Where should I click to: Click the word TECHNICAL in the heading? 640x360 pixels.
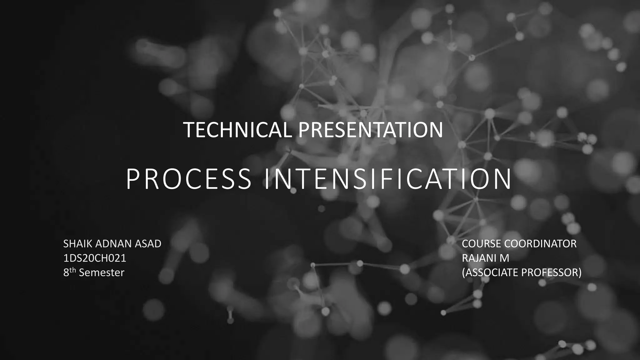point(237,130)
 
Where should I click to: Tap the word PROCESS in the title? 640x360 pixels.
point(188,179)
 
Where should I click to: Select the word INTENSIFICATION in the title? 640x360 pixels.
point(388,179)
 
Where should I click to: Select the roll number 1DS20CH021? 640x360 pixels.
point(95,258)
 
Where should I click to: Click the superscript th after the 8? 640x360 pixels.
point(72,270)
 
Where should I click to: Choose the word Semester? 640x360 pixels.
point(102,272)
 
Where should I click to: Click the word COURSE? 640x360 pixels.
point(481,244)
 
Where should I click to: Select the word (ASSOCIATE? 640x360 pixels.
point(490,272)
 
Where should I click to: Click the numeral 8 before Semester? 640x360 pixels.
point(66,273)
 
